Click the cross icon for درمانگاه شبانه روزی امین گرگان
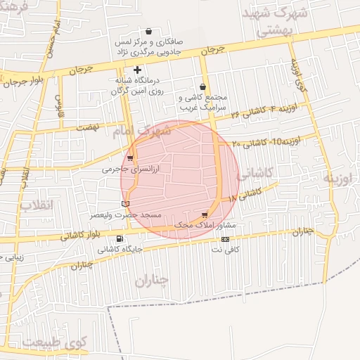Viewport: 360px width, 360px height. (137, 70)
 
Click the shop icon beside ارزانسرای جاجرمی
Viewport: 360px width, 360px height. (130, 158)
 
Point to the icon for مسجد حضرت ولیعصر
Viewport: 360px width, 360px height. (126, 204)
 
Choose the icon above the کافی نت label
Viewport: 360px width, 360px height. (225, 239)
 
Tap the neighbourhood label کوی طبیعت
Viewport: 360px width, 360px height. (50, 342)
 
